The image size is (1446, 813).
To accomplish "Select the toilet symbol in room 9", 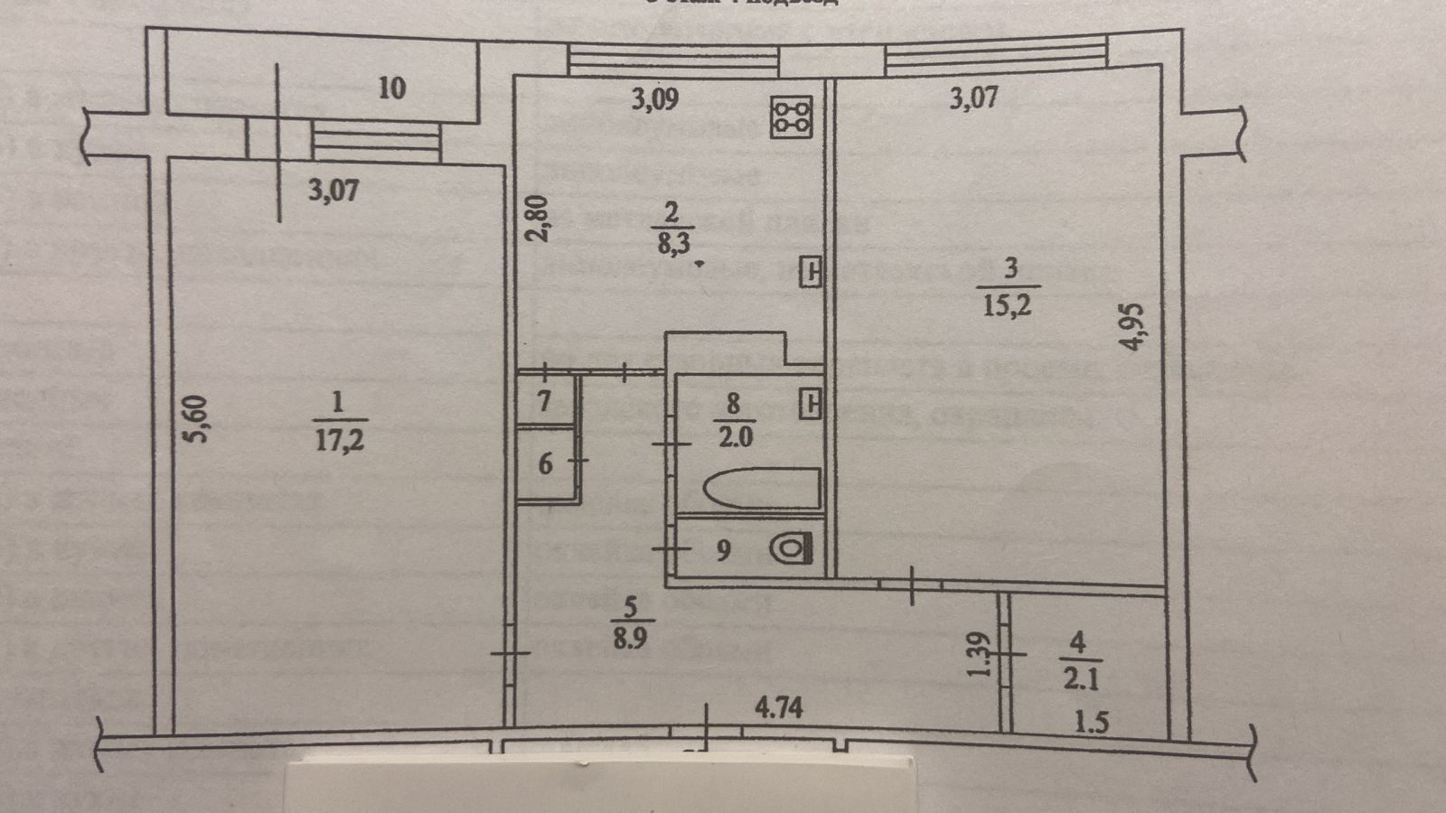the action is click(792, 547).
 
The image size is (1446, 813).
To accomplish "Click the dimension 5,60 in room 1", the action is click(201, 419).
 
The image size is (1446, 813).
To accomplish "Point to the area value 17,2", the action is click(341, 441).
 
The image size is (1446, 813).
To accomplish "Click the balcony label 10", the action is click(391, 89).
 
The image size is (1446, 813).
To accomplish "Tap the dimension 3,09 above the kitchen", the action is click(654, 98).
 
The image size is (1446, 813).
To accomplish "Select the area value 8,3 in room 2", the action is click(670, 242).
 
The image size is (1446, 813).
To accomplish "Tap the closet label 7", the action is click(544, 400).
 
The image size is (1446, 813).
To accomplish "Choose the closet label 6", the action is click(545, 463).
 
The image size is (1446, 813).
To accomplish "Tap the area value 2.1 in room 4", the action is click(1081, 677).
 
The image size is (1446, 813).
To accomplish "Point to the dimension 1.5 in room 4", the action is click(1092, 723).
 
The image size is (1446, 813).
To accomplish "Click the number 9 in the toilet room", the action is click(722, 550).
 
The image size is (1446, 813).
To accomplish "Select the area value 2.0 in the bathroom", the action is click(733, 437).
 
